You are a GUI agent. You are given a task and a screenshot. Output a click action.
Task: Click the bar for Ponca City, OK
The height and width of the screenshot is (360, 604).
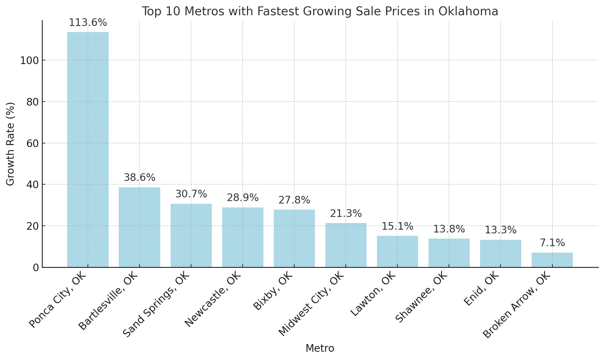88,149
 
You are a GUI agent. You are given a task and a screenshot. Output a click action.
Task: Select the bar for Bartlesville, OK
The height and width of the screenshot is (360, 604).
139,227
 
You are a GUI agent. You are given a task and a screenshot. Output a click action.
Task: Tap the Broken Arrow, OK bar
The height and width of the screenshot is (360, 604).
552,260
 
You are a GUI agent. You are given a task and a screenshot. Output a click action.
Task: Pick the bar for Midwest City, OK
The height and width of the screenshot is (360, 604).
346,245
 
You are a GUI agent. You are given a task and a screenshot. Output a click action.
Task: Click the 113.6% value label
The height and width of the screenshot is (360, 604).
88,23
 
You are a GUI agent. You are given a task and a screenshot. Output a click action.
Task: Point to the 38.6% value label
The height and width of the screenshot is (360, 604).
139,178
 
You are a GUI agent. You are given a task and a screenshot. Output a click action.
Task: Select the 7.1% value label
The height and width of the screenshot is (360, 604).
552,243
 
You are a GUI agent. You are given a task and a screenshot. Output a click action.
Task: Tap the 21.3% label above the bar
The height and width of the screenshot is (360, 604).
346,214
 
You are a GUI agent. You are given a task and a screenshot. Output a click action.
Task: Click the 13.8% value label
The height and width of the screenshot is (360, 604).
449,229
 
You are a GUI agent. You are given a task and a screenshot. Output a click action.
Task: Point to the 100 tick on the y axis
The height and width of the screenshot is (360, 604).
29,60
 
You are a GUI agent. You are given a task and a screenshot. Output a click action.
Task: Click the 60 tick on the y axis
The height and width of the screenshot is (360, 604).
32,143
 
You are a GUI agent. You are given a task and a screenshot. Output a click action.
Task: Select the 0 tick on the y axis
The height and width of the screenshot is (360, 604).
36,268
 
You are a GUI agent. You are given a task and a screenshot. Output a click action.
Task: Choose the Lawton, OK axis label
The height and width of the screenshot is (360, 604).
373,294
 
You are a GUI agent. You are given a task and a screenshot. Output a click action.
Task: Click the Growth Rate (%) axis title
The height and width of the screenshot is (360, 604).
10,144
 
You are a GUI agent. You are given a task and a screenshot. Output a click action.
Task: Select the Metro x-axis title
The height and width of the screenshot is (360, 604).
320,348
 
